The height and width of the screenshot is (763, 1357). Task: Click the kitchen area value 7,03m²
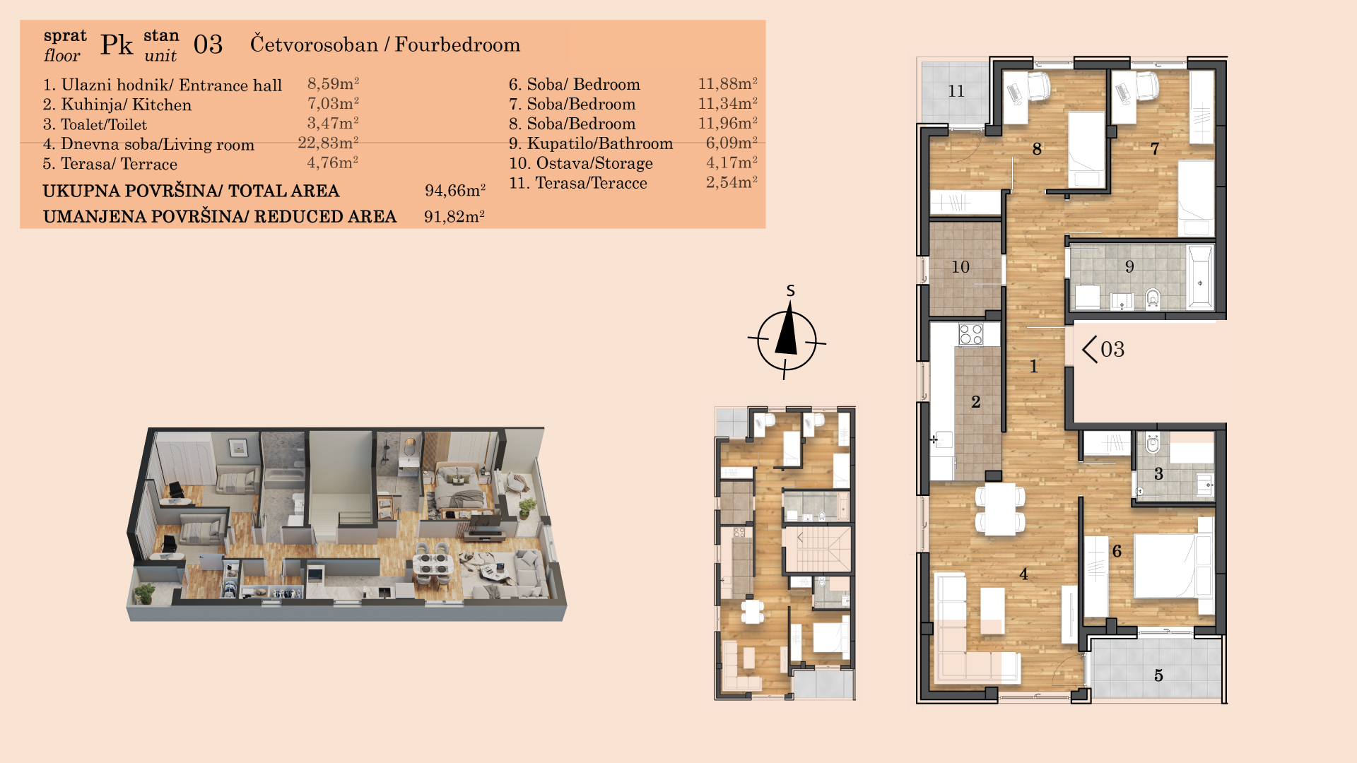pos(333,104)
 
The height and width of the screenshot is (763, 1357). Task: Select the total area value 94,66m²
pos(455,191)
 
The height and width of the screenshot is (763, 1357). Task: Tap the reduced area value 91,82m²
pos(454,216)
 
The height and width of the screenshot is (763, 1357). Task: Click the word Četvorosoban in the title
pos(314,45)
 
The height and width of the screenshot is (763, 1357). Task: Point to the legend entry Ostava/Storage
pos(581,163)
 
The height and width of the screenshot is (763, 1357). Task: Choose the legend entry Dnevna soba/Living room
pos(148,144)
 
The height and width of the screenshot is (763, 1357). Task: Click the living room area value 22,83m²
pos(329,143)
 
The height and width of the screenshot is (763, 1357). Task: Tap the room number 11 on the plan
pos(956,91)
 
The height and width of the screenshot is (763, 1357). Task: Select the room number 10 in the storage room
pos(961,267)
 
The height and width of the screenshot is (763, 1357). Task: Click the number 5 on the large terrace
pos(1158,675)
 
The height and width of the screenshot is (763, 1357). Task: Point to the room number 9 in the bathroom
pos(1129,266)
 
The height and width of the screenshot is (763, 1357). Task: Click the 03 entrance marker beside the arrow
pos(1112,349)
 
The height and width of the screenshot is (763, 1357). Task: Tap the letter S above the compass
pos(791,290)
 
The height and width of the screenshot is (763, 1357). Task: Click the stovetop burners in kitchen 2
pos(971,334)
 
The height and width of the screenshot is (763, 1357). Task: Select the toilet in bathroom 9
pos(1153,299)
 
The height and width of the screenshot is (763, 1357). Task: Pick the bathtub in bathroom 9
pos(1199,277)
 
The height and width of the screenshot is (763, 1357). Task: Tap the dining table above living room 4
pos(1000,509)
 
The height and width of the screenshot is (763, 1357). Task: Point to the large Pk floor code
pos(117,45)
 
